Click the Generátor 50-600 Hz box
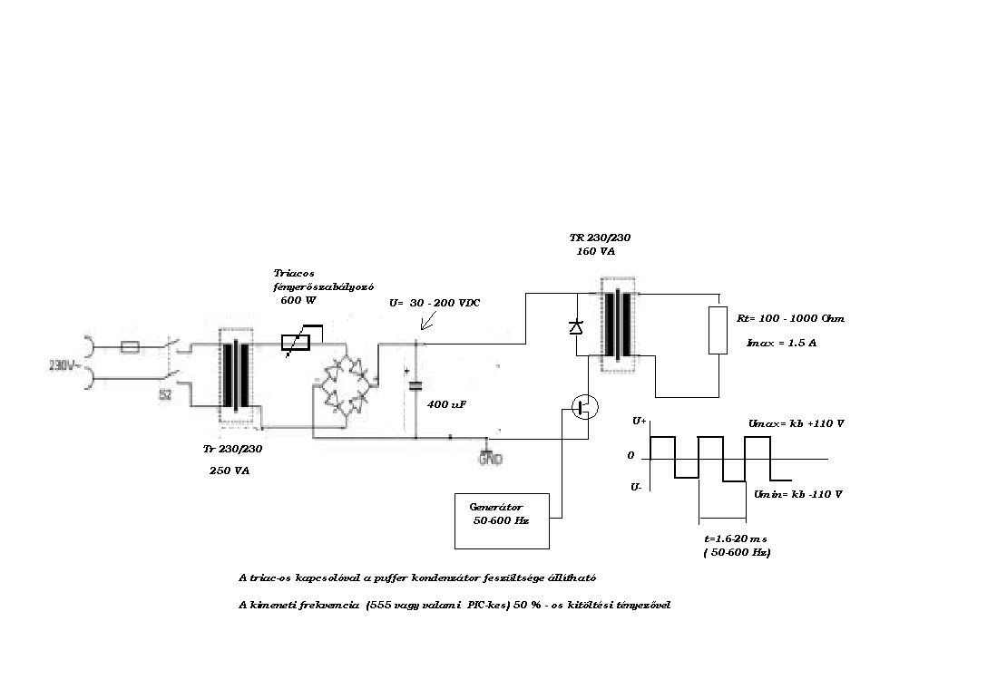(502, 520)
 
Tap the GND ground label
(490, 459)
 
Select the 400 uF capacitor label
(446, 404)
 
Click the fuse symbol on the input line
(130, 346)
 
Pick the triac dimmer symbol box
(296, 342)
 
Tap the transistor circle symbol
(585, 407)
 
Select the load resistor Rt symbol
(718, 329)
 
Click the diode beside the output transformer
(575, 326)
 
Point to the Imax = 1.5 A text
(781, 344)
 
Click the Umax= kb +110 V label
(796, 423)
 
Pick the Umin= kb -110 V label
(798, 494)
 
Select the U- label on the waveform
(637, 487)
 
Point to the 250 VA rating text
(230, 472)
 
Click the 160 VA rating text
(595, 251)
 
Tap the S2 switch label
(165, 394)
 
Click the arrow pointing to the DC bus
(417, 322)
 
